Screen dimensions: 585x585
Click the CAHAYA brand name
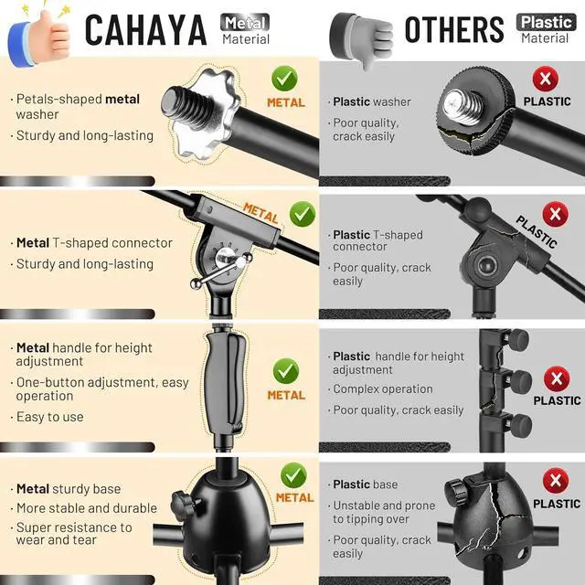click(x=145, y=30)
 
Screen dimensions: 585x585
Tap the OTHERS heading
click(x=454, y=29)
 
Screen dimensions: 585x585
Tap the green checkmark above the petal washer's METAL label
click(x=284, y=79)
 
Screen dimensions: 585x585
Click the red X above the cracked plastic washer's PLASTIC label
click(x=546, y=79)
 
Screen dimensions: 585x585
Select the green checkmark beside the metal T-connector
click(x=303, y=214)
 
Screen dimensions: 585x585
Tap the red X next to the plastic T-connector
click(x=556, y=214)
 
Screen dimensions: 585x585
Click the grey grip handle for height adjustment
click(x=226, y=383)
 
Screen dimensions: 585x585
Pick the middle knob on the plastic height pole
click(x=520, y=380)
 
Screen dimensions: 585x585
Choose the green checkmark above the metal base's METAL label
click(x=293, y=475)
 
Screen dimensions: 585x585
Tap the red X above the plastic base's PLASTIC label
click(x=556, y=481)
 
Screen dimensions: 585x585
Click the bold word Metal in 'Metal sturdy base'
click(x=33, y=489)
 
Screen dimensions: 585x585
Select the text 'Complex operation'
click(x=383, y=389)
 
